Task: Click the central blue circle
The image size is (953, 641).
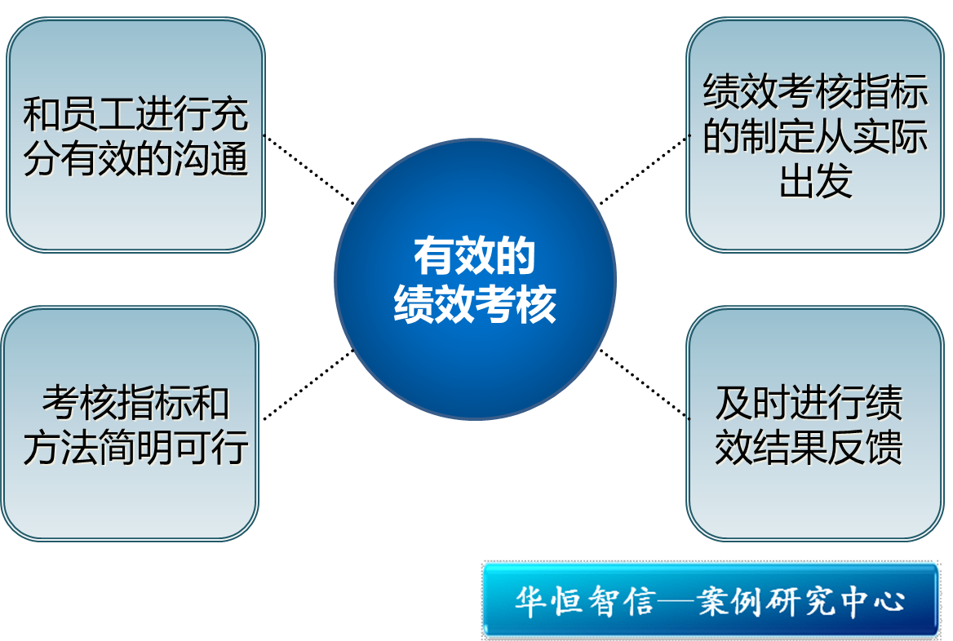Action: point(476,279)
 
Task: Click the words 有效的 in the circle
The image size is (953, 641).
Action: point(474,255)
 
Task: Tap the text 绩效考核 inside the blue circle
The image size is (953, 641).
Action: point(475,303)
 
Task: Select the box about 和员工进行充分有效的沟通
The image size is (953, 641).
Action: point(135,135)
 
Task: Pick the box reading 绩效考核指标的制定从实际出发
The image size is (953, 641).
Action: point(815,135)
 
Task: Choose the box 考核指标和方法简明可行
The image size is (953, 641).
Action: point(130,423)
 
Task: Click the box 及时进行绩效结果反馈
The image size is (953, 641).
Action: point(815,423)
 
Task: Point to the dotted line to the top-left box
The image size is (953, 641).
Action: point(308,170)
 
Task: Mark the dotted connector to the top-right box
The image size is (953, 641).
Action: point(645,170)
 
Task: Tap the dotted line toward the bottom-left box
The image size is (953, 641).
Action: point(308,385)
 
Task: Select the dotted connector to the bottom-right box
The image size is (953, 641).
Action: point(645,384)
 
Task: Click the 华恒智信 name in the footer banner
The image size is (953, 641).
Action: point(585,602)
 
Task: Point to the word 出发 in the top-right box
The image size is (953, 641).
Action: point(815,180)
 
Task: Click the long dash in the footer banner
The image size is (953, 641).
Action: point(676,602)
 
